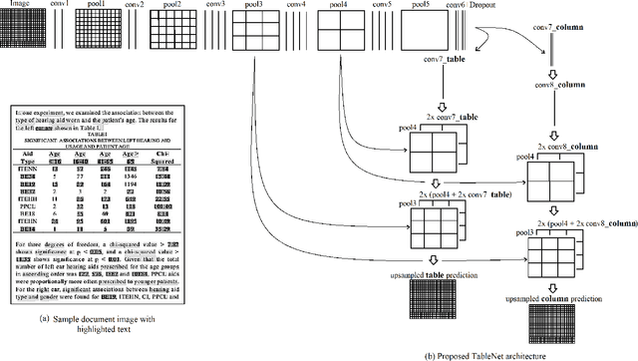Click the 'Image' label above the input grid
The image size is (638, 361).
tap(19, 6)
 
